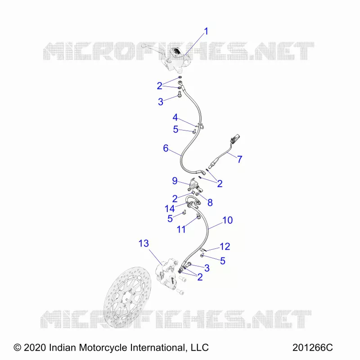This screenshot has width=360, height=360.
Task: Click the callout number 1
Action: click(x=206, y=31)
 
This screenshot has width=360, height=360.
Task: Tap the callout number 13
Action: click(x=144, y=243)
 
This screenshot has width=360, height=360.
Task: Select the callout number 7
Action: click(x=240, y=159)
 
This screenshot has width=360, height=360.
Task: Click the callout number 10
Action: click(x=228, y=220)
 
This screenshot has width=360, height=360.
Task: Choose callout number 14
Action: click(x=170, y=209)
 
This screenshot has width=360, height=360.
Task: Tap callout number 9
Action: click(x=175, y=181)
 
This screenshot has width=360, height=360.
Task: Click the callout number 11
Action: click(x=181, y=229)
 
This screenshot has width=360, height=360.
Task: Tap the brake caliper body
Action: click(x=166, y=271)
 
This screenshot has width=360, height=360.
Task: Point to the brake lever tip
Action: click(x=144, y=46)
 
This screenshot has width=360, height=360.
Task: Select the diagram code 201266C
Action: click(x=312, y=347)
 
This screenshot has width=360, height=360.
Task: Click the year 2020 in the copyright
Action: click(x=35, y=347)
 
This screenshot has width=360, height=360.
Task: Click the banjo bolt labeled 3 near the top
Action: click(x=180, y=94)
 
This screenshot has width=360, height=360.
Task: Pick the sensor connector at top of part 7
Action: click(x=235, y=138)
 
